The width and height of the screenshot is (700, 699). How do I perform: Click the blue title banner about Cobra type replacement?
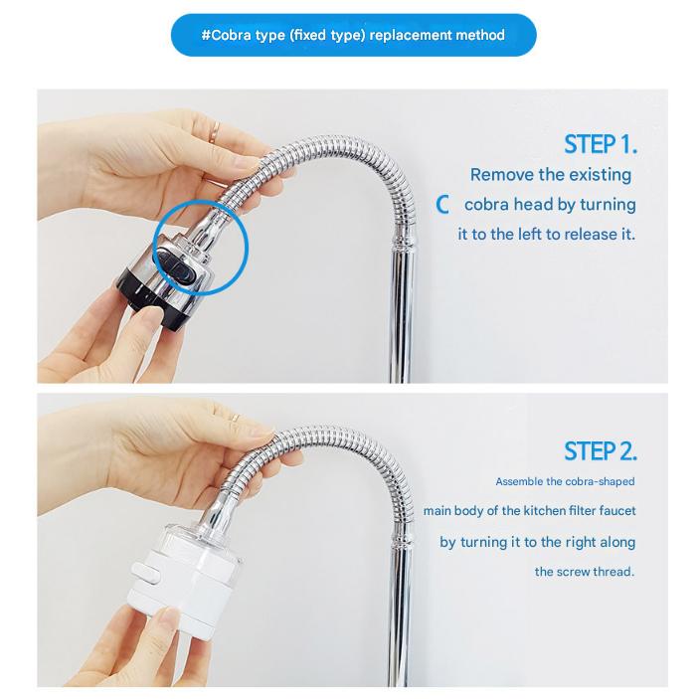pyautogui.click(x=353, y=35)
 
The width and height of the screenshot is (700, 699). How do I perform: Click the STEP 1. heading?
pyautogui.click(x=600, y=144)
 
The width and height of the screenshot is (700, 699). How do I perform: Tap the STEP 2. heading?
pyautogui.click(x=600, y=451)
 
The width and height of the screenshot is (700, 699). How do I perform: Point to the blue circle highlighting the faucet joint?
pyautogui.click(x=202, y=245)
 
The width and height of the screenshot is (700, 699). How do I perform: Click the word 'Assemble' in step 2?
pyautogui.click(x=520, y=482)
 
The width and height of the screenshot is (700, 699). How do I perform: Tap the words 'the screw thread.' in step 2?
pyautogui.click(x=584, y=572)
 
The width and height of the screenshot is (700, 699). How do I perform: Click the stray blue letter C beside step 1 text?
pyautogui.click(x=444, y=205)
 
